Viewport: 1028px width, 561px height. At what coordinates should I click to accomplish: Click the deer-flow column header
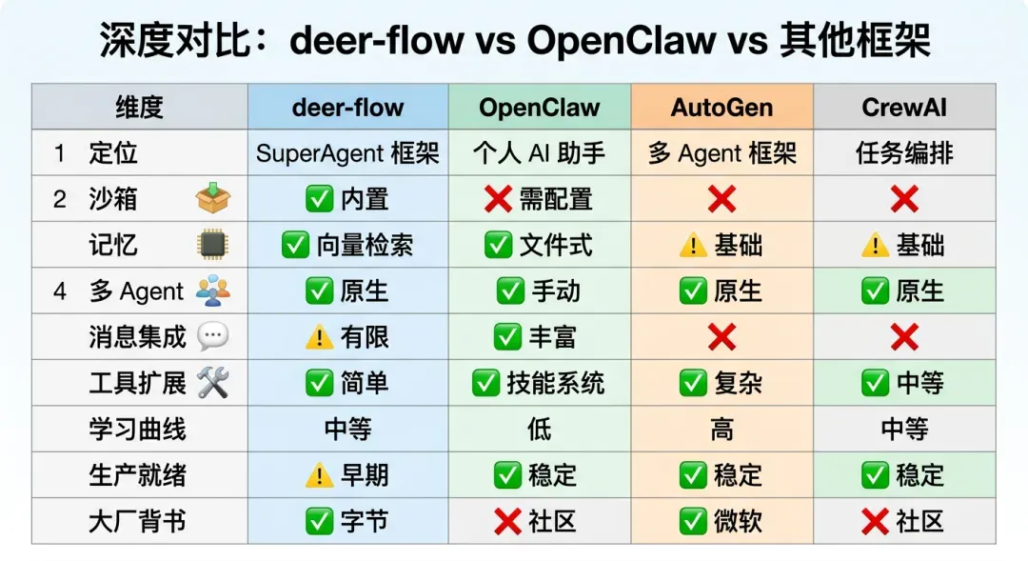[347, 107]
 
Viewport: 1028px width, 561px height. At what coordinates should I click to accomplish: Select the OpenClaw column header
[539, 107]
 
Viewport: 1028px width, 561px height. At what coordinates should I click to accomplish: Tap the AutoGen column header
[722, 107]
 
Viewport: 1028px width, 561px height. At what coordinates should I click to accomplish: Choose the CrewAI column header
[904, 107]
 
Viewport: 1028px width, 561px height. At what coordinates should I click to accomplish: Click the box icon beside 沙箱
[213, 198]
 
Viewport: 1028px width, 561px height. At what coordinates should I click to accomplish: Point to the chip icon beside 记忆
[213, 245]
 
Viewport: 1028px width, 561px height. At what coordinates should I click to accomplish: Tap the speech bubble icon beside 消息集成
[213, 336]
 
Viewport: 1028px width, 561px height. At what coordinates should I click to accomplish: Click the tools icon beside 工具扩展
[213, 383]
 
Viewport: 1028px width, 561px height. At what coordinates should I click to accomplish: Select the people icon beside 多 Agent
[213, 291]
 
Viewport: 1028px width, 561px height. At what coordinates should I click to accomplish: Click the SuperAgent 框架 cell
[347, 153]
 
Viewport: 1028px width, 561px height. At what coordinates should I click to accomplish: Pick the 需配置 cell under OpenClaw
[539, 199]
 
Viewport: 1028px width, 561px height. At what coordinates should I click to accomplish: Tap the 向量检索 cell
[347, 245]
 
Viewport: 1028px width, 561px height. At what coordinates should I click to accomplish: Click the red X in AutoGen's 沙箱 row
[722, 199]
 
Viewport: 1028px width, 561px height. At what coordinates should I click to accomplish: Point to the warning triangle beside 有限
[319, 336]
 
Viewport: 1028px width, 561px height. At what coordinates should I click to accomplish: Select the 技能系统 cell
[539, 383]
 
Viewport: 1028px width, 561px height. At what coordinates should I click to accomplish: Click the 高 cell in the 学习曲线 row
[722, 430]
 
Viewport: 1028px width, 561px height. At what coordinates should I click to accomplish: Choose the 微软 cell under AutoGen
[722, 521]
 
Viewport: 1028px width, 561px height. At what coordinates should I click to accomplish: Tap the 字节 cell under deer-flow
[347, 521]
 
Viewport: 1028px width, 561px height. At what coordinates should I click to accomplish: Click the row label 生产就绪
[138, 475]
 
